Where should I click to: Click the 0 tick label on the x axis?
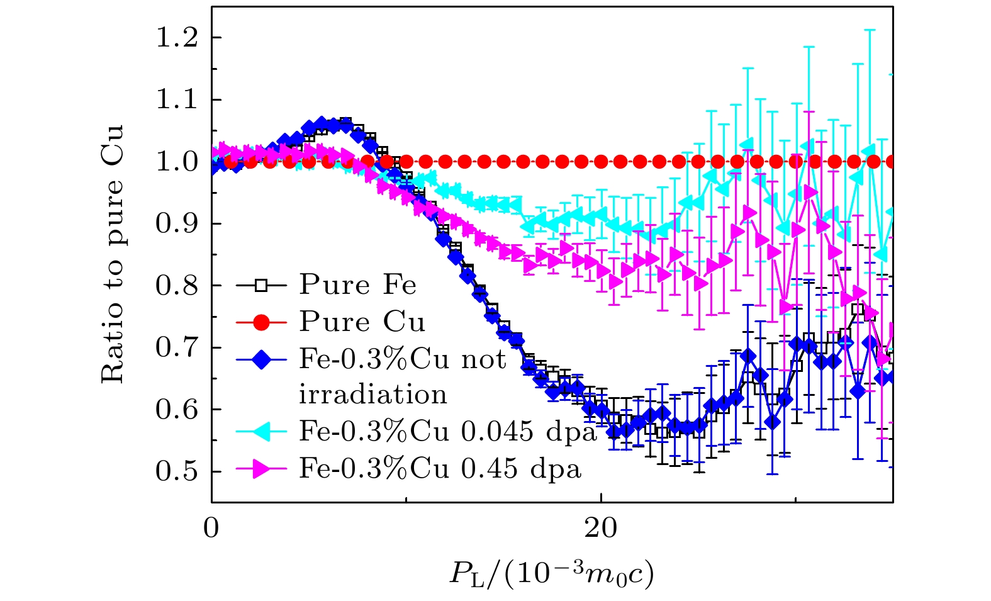pos(211,528)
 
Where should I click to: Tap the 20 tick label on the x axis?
pos(601,528)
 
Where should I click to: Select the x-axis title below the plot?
pos(552,573)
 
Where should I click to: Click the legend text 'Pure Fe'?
pos(357,285)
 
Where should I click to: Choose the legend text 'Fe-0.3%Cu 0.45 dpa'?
pos(440,469)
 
